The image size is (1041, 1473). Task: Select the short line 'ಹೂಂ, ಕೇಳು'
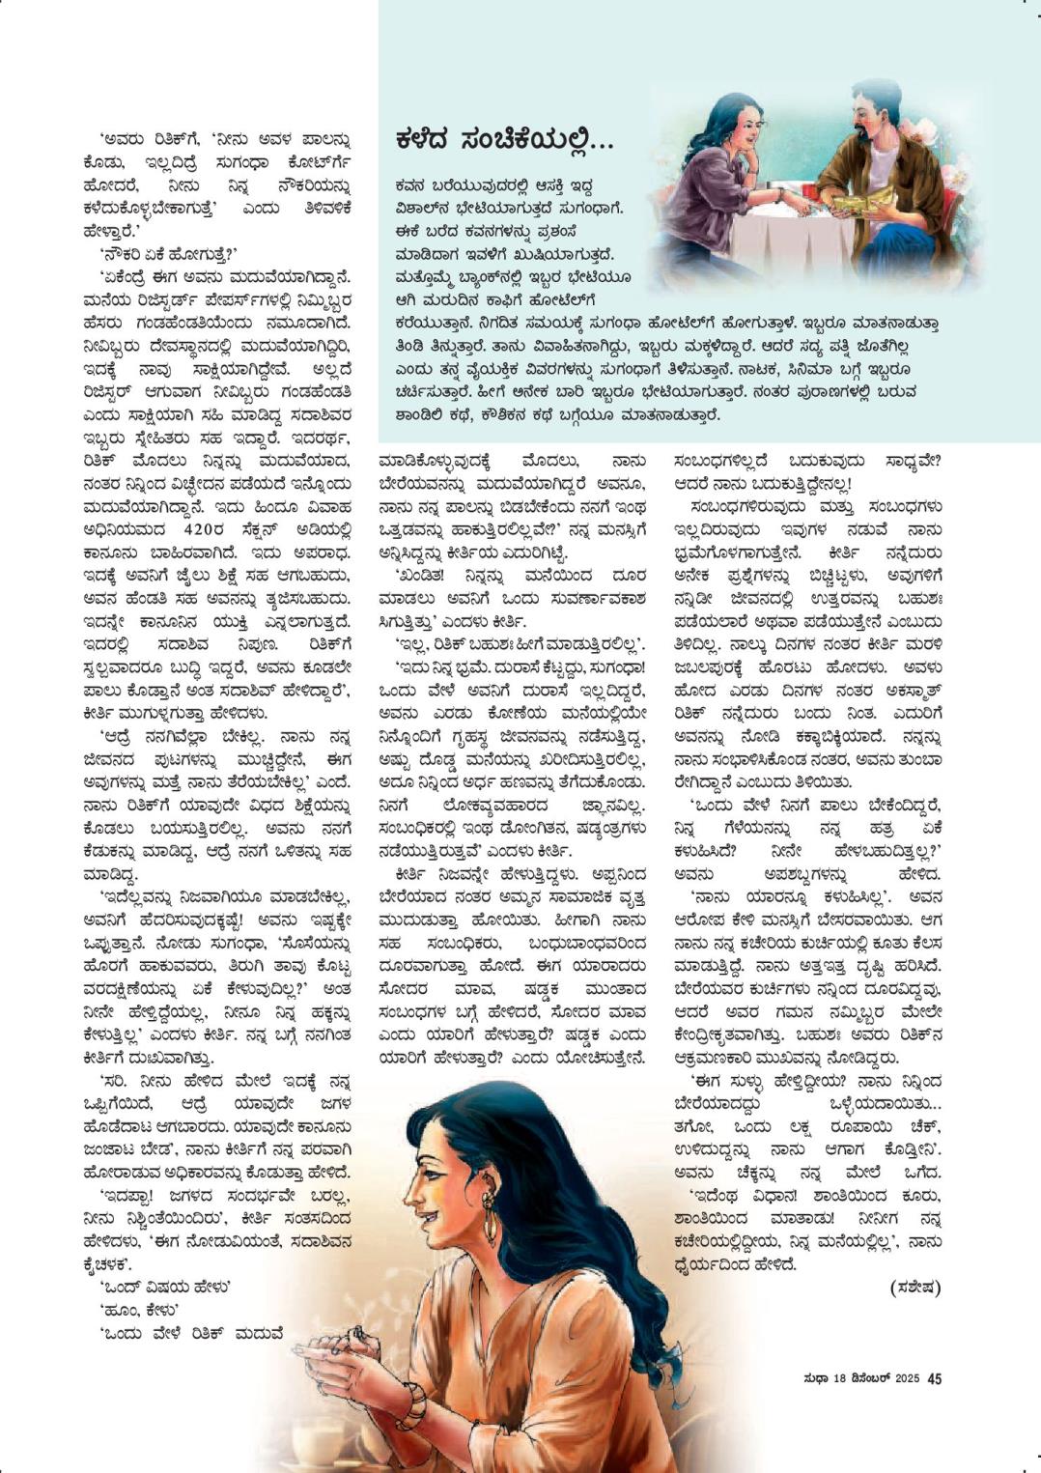(x=139, y=1310)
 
